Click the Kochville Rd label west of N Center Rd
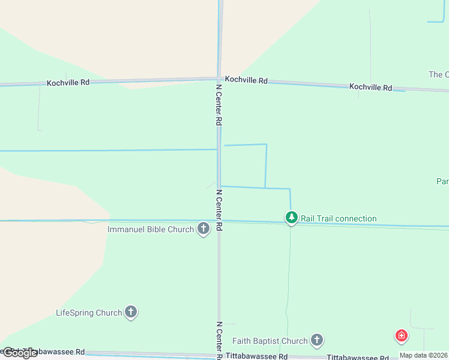68,82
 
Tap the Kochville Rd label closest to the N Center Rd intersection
246,80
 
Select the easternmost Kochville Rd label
370,87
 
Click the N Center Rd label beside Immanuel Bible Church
219,211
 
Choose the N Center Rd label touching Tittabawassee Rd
219,341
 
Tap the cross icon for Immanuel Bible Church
203,229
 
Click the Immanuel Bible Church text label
151,229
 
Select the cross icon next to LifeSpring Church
131,312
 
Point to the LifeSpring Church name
89,313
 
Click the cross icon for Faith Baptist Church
317,340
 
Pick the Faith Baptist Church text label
270,341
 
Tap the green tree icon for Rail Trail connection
291,217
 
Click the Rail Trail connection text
339,218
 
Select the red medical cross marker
401,336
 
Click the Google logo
19,353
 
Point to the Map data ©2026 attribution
423,355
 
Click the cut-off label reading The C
438,74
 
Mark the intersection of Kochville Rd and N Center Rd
218,78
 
